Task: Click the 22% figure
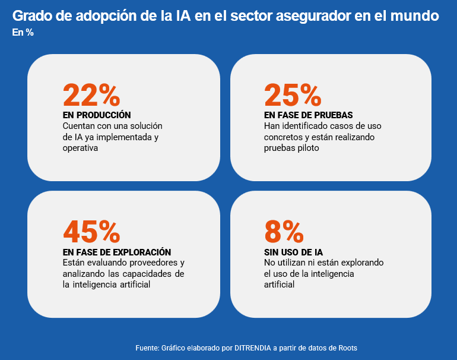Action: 91,95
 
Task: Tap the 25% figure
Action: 292,95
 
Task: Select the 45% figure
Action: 91,232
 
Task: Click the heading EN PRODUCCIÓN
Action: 97,115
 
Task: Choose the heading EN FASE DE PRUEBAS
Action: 309,115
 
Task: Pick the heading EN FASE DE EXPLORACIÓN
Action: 117,252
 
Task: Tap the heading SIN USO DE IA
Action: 293,252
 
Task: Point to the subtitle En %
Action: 23,33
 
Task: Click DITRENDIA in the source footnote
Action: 252,348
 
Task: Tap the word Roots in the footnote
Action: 347,348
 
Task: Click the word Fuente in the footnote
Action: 147,348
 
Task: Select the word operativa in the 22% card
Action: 80,149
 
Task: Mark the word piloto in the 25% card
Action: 308,149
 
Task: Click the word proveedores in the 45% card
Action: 151,263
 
